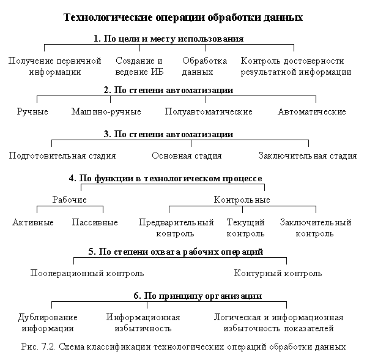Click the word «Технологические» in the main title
pos(108,18)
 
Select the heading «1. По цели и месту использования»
pos(169,39)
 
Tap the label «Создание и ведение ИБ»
pos(139,66)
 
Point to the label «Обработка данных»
pos(204,66)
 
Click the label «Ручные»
pos(32,111)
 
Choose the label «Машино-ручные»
pos(106,111)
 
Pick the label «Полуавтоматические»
pos(209,111)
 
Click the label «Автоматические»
pos(312,111)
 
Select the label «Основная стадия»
pos(187,156)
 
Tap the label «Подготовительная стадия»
pos(62,156)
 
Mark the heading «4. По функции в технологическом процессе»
pos(166,179)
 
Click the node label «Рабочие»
pos(70,200)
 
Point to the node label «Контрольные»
pos(242,200)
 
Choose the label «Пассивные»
pos(95,222)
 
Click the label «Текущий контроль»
pos(245,228)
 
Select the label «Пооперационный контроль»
pos(87,273)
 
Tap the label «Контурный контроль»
pos(278,273)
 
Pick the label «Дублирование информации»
pos(48,323)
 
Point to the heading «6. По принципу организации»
pos(198,296)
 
